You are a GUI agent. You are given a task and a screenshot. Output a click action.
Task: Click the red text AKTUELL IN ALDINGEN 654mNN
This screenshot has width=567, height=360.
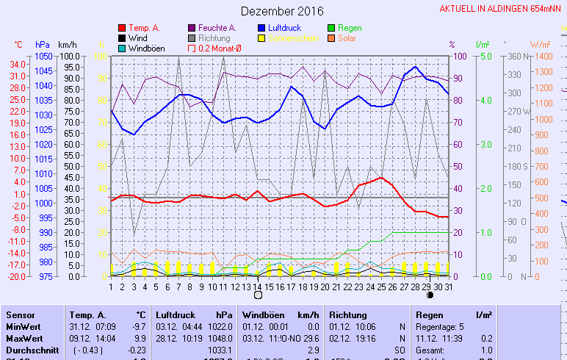[502, 9]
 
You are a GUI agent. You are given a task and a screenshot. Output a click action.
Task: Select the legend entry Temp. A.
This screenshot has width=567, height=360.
[144, 28]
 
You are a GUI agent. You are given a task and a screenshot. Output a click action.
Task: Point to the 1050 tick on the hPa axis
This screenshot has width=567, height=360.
[43, 56]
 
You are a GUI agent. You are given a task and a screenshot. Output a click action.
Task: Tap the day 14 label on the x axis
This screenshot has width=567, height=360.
[257, 287]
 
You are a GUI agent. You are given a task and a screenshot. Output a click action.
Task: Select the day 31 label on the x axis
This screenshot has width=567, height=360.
[448, 287]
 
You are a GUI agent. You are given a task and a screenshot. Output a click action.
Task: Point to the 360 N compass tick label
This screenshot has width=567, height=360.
[516, 56]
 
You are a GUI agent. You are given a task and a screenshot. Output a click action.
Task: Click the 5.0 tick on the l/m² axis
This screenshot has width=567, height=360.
[484, 56]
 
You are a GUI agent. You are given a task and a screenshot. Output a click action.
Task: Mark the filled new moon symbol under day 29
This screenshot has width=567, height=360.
[430, 295]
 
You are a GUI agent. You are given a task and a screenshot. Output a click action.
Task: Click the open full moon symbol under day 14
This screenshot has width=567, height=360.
[258, 295]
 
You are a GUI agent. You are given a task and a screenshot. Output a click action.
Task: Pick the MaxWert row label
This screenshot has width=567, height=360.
[24, 338]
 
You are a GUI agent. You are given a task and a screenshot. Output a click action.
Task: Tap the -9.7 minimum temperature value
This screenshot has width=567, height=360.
[138, 326]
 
